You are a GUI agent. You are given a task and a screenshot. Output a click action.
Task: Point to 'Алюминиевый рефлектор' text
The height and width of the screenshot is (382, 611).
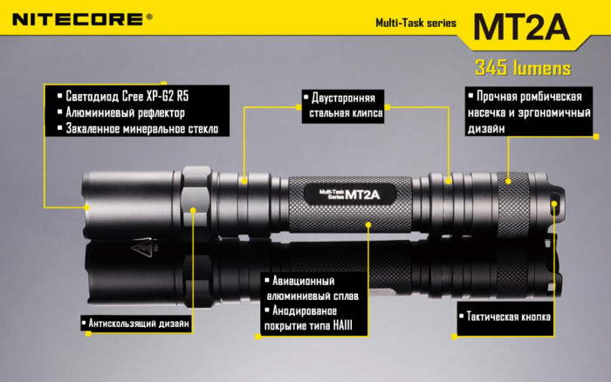(126, 113)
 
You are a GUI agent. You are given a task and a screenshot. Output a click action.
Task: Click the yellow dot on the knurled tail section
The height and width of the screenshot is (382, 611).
(510, 181)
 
